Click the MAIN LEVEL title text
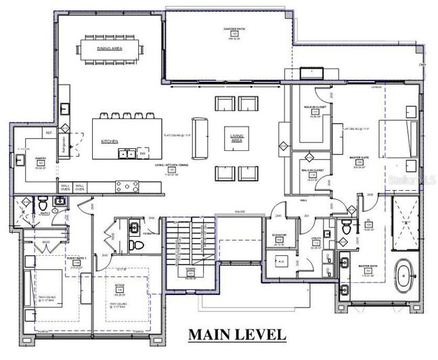click(236, 334)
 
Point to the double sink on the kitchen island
click(125, 154)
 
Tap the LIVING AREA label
click(237, 138)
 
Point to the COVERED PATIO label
click(235, 29)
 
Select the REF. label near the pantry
click(49, 133)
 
